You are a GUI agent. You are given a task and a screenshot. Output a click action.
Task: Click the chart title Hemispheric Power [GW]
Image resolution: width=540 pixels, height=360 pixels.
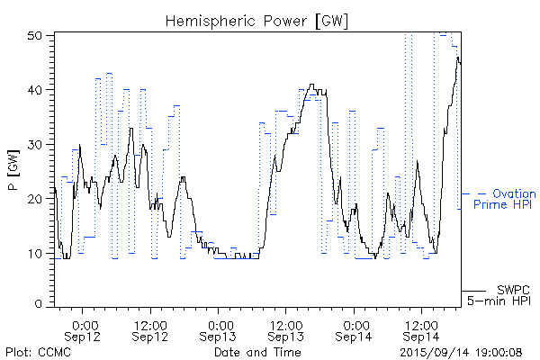[257, 19]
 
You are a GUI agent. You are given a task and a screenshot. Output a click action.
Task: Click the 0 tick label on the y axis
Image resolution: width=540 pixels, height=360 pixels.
[39, 305]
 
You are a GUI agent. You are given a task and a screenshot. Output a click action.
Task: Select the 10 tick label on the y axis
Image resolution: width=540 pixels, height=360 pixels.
[35, 253]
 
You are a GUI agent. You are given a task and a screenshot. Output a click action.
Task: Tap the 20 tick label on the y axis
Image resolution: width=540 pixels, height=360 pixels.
[35, 199]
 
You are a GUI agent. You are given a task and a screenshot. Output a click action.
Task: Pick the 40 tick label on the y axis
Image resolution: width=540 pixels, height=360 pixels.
[35, 90]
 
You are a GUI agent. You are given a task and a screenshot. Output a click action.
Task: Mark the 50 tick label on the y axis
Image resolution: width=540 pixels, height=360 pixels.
[35, 36]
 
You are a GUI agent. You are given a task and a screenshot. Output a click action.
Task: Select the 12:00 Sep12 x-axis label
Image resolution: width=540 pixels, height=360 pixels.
[150, 329]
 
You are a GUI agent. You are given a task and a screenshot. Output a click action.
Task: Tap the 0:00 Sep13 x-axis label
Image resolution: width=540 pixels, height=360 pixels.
[219, 329]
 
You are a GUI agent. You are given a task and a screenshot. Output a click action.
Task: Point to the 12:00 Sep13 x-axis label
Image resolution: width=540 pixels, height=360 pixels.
[285, 329]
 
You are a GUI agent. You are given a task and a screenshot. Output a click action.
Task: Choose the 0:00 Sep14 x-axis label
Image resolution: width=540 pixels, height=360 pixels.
[354, 329]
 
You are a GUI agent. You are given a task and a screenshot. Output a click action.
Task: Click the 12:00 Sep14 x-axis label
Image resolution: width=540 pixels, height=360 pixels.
[420, 329]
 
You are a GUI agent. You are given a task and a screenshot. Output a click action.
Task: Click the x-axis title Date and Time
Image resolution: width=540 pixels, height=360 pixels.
[257, 352]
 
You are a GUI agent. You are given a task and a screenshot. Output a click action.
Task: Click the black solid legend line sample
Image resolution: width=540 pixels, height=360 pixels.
[473, 291]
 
